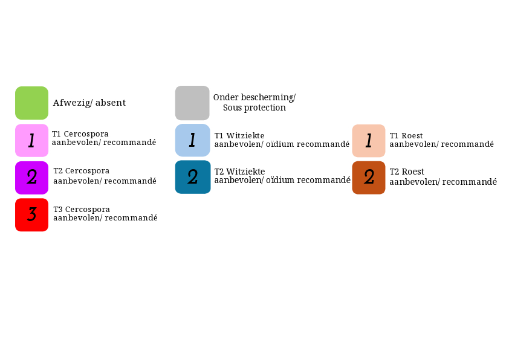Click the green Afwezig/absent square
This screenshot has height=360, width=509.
pyautogui.click(x=32, y=103)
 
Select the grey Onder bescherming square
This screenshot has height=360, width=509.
pyautogui.click(x=192, y=103)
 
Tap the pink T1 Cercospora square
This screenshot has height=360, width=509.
pyautogui.click(x=32, y=140)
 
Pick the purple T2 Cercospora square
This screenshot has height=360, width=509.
pyautogui.click(x=32, y=178)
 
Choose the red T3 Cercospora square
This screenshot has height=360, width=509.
pyautogui.click(x=32, y=214)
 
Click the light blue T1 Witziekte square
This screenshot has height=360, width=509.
pyautogui.click(x=192, y=140)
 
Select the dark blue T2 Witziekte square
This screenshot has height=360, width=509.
pyautogui.click(x=193, y=177)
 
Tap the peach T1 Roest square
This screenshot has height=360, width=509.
pyautogui.click(x=369, y=141)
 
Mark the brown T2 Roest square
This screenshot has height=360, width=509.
pyautogui.click(x=369, y=178)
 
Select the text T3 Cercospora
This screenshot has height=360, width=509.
pyautogui.click(x=82, y=209)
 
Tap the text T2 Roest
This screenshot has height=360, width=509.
pyautogui.click(x=407, y=172)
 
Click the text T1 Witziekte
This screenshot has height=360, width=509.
pyautogui.click(x=239, y=135)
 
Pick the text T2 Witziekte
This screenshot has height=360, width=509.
pyautogui.click(x=239, y=172)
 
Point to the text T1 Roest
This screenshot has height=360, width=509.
pyautogui.click(x=406, y=135)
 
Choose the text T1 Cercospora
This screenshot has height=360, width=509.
pyautogui.click(x=80, y=134)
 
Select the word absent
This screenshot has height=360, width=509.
pyautogui.click(x=111, y=103)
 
